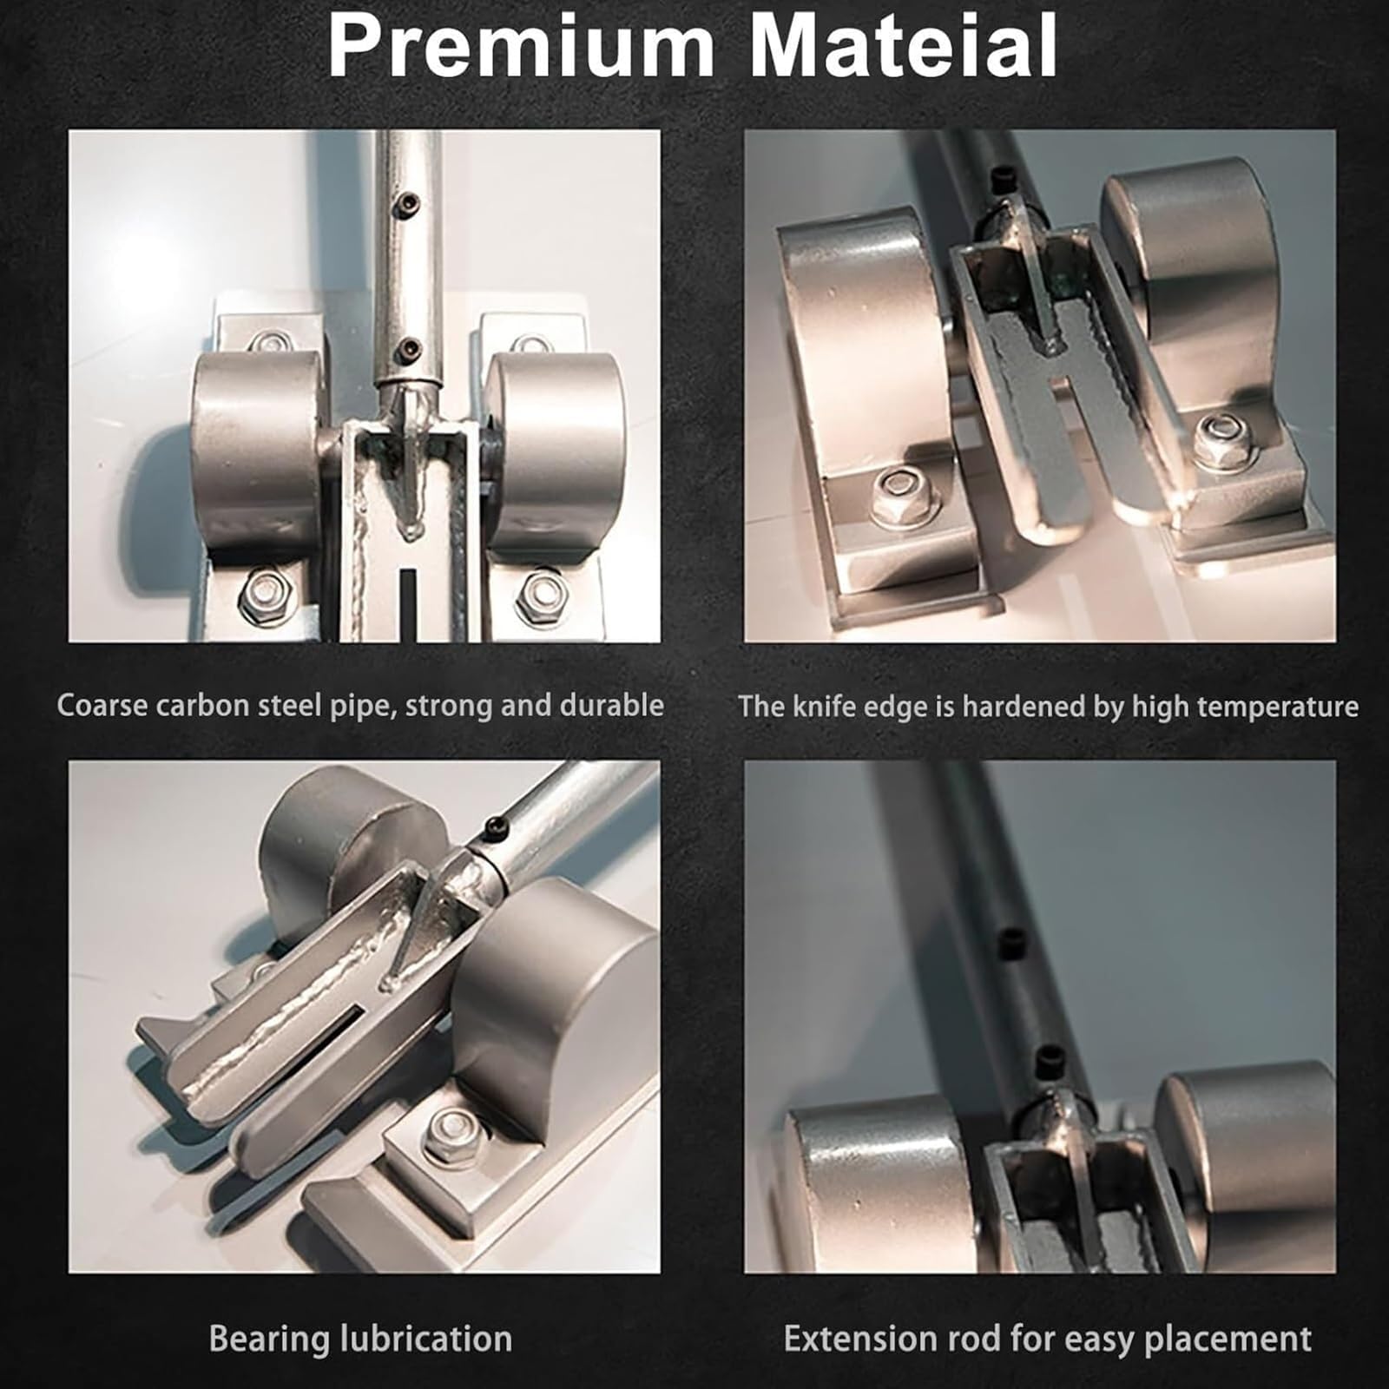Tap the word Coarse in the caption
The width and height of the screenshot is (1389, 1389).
[102, 705]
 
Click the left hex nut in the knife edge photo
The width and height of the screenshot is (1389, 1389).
[901, 494]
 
